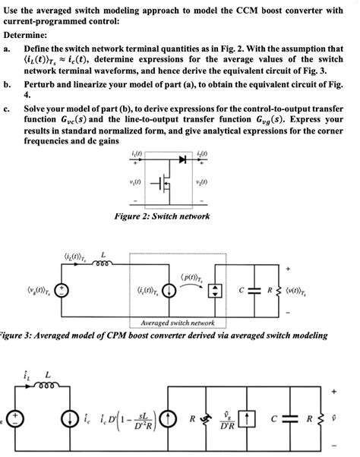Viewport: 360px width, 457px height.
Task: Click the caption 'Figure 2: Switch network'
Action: point(161,216)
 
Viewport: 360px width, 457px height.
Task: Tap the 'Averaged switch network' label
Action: point(172,322)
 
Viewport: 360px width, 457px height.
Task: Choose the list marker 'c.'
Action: point(7,109)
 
